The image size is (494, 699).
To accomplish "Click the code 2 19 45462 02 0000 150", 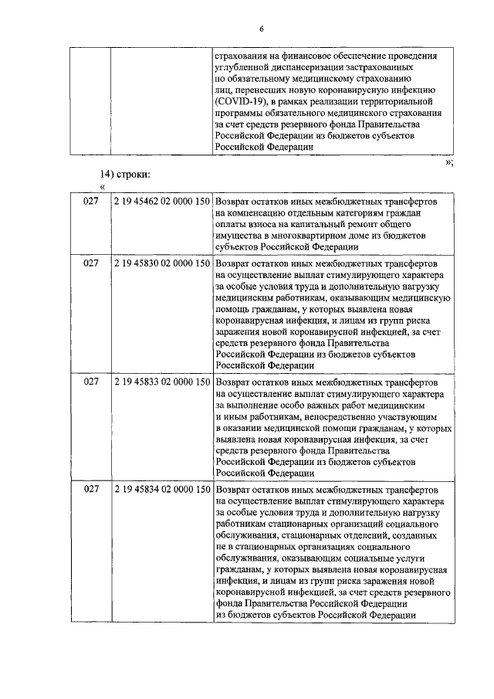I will [x=161, y=201].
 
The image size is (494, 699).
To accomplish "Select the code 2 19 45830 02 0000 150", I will [x=161, y=263].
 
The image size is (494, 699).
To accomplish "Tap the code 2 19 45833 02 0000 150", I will [x=161, y=382].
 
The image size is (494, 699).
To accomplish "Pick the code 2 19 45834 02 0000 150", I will [x=161, y=489].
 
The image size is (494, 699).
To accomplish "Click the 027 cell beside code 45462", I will [x=91, y=201].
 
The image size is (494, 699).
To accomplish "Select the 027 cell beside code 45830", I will [x=91, y=263].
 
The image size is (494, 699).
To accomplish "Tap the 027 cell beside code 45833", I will [x=91, y=382].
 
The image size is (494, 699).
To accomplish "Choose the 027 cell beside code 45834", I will [x=91, y=489].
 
